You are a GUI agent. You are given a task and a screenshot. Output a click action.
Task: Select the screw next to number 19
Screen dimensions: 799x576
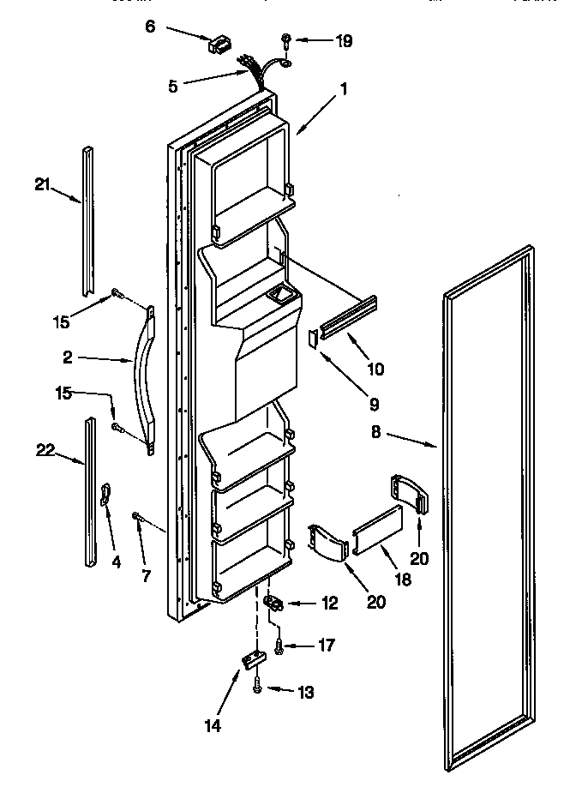point(287,39)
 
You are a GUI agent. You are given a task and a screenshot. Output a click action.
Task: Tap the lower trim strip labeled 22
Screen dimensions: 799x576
point(90,492)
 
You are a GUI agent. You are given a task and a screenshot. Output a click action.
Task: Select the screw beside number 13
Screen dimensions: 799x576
point(257,685)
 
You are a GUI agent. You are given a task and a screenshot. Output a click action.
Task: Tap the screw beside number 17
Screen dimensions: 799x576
point(278,651)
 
